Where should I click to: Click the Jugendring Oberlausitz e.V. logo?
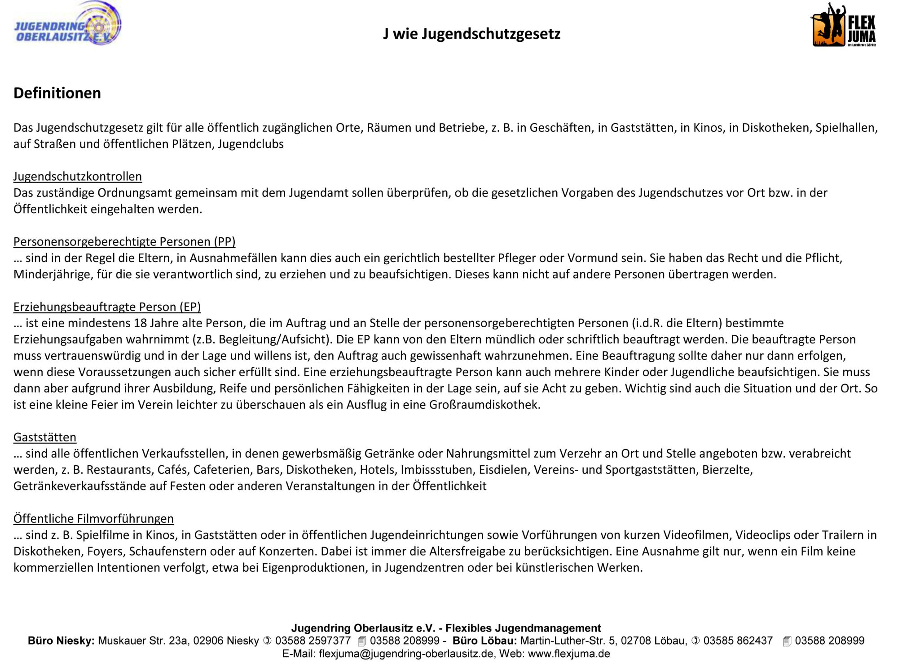[67, 25]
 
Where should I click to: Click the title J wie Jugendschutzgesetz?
[471, 34]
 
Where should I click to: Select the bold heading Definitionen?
[57, 93]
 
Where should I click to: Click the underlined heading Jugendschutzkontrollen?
[78, 177]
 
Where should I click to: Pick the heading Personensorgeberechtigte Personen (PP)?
[124, 242]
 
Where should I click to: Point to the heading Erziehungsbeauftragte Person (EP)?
[107, 307]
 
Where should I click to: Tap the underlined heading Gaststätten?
[45, 437]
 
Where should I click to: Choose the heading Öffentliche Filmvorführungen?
[93, 519]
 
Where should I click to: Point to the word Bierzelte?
[727, 470]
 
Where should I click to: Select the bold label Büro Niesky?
[61, 641]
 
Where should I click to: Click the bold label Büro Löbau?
[484, 641]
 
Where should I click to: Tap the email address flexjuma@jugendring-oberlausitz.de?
[406, 654]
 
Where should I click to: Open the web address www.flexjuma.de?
[569, 654]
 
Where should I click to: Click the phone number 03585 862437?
[738, 641]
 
